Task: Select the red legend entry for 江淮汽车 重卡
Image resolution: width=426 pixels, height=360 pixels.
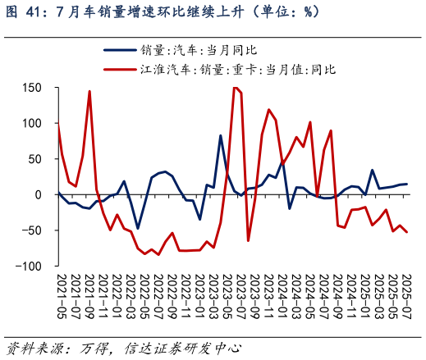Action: click(x=238, y=70)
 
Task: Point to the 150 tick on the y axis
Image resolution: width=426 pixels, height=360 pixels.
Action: click(x=34, y=88)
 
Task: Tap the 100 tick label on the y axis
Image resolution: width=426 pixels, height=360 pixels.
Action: click(x=34, y=123)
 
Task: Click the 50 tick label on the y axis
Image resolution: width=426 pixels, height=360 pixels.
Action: click(x=37, y=159)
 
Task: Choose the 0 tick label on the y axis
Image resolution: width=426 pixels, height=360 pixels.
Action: click(x=40, y=195)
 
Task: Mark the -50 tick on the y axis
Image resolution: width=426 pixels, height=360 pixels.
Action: click(x=34, y=230)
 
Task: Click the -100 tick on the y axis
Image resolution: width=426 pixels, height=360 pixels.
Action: click(x=31, y=267)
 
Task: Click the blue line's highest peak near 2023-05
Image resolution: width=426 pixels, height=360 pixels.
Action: click(x=221, y=135)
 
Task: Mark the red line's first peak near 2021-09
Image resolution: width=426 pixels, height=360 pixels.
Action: click(x=89, y=91)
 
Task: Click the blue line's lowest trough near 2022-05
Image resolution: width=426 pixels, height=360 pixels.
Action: click(x=138, y=228)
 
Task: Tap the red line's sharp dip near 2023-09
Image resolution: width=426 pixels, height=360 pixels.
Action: click(x=249, y=240)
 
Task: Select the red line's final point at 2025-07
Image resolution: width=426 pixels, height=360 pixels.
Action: click(x=406, y=233)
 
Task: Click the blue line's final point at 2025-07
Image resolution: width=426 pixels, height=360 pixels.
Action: click(x=406, y=185)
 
